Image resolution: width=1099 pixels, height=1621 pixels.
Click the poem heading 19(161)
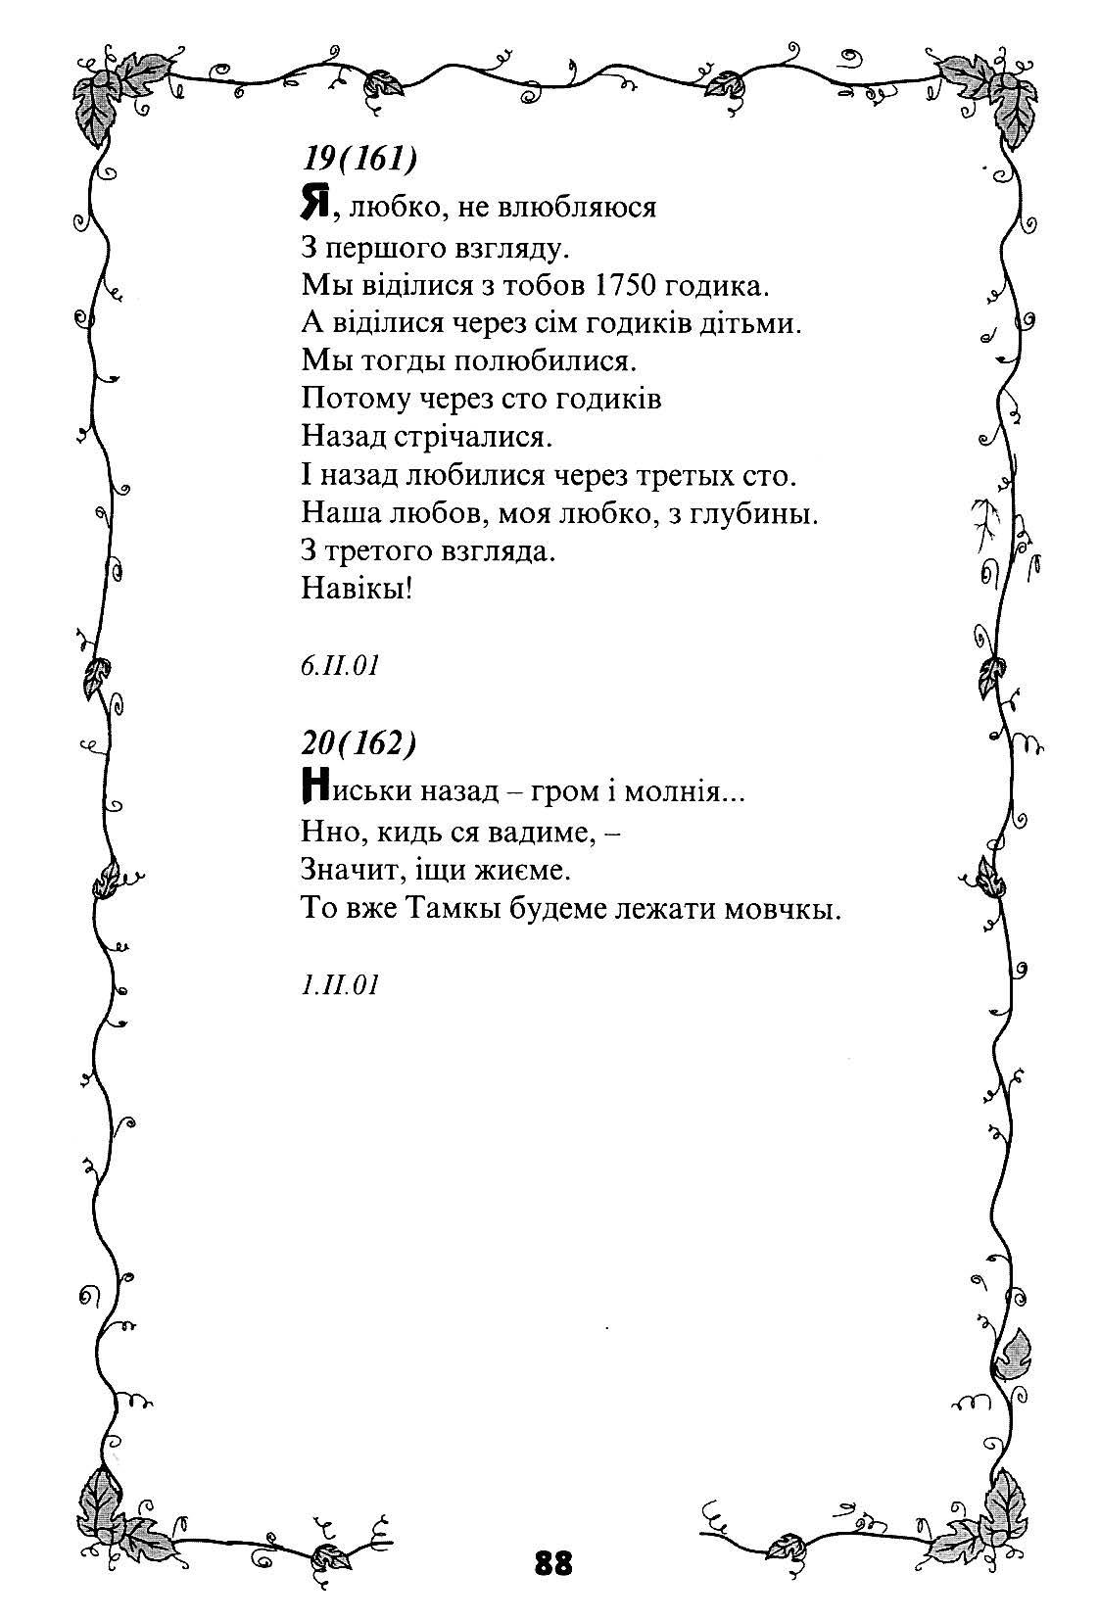pyautogui.click(x=353, y=158)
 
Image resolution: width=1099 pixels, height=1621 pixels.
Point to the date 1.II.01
pyautogui.click(x=339, y=983)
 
